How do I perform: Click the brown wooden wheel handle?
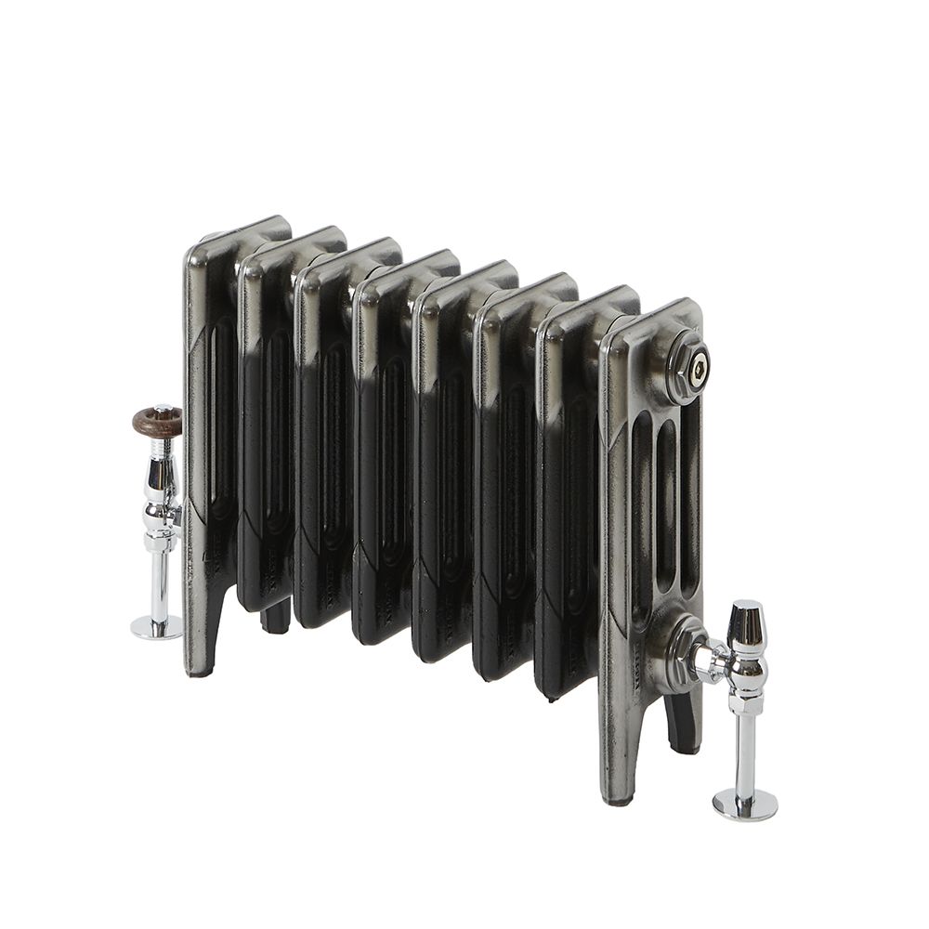click(x=157, y=422)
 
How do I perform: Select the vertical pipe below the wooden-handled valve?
click(x=159, y=581)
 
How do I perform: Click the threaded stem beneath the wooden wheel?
click(x=161, y=446)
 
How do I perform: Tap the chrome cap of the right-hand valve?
click(x=746, y=623)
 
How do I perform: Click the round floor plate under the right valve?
click(x=745, y=804)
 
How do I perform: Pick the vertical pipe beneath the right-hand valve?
click(x=745, y=752)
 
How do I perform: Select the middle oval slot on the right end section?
click(x=667, y=520)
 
